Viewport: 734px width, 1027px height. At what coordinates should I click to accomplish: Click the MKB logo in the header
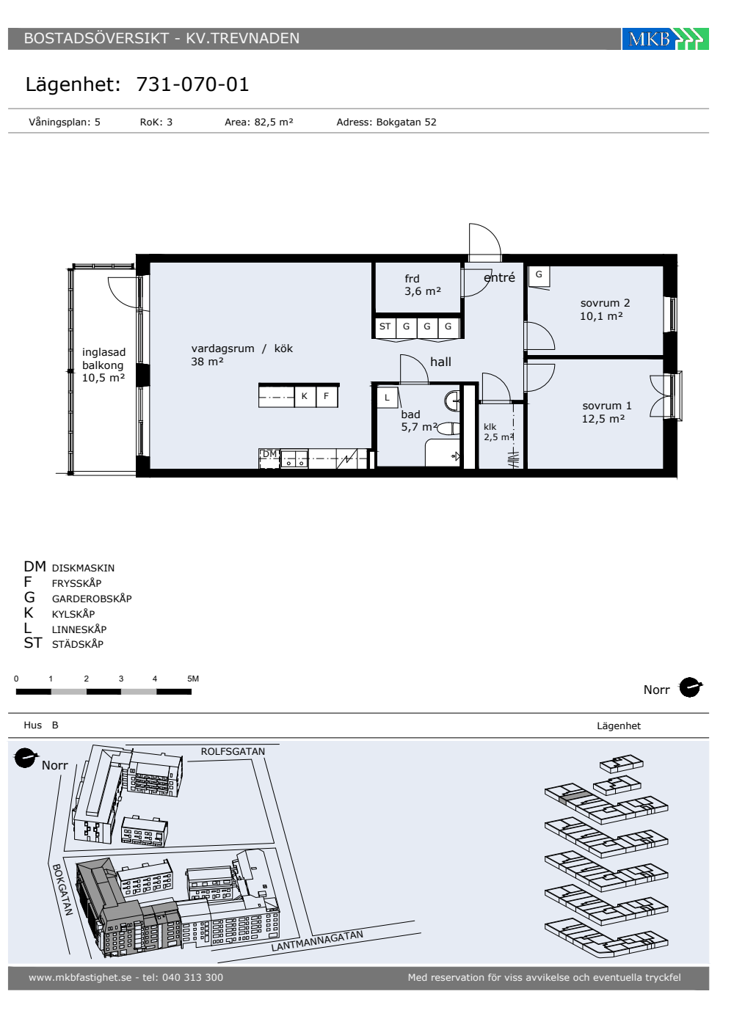click(x=665, y=38)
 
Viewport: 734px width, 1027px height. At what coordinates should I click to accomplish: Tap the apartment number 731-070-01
click(x=192, y=84)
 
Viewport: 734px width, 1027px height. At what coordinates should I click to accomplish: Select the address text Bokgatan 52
click(x=406, y=122)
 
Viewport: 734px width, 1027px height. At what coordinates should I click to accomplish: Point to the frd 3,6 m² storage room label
click(x=423, y=285)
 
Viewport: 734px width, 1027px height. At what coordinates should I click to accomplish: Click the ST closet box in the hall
click(x=385, y=326)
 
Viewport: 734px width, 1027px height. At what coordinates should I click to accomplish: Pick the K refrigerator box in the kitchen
click(x=305, y=396)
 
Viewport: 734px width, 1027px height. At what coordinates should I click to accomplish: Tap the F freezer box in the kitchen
click(x=326, y=396)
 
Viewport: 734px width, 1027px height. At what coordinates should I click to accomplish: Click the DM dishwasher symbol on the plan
click(x=270, y=458)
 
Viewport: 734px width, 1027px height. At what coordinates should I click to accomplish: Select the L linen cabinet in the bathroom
click(x=388, y=398)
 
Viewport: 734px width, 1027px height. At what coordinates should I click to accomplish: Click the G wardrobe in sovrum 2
click(x=539, y=275)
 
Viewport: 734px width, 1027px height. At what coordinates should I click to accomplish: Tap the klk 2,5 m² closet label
click(x=498, y=432)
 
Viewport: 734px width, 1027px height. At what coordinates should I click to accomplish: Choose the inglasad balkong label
click(x=103, y=365)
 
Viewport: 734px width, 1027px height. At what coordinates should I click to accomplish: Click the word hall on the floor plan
click(x=440, y=362)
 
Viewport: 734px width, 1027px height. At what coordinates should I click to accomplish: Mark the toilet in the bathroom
click(x=448, y=429)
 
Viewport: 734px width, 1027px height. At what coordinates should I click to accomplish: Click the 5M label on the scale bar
click(x=193, y=679)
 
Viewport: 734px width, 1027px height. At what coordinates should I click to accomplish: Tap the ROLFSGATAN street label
click(x=233, y=751)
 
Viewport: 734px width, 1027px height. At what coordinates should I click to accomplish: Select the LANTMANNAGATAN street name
click(x=317, y=940)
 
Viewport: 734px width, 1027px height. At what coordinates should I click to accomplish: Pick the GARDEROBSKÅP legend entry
click(x=92, y=599)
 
